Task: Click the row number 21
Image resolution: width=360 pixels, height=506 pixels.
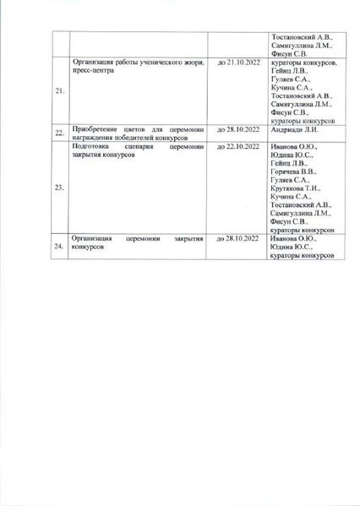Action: [60, 92]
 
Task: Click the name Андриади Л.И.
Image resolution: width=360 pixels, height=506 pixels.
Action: [293, 129]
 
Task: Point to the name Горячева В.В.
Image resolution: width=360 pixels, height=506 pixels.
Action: [294, 171]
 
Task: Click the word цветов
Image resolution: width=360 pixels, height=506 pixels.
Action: [135, 128]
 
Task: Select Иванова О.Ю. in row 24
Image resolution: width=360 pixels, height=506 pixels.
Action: [293, 238]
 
